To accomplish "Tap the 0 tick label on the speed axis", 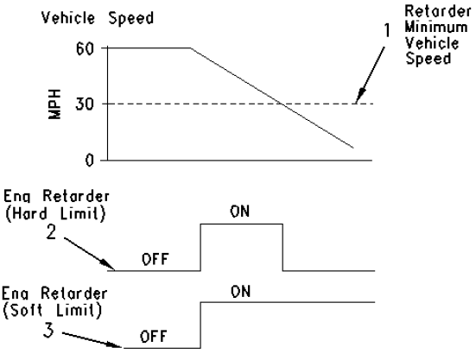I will point(87,161).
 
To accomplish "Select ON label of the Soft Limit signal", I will point(242,294).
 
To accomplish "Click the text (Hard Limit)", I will point(54,215).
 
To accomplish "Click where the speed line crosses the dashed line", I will point(283,104).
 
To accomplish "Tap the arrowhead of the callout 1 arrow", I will point(354,103).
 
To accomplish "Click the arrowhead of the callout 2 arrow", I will point(114,268).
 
